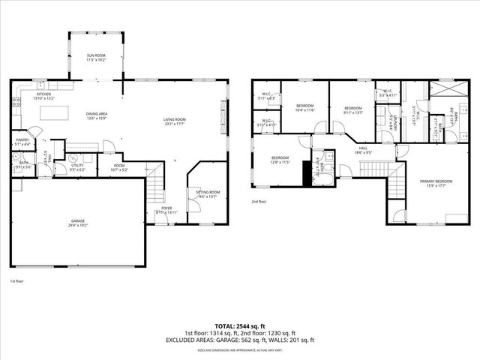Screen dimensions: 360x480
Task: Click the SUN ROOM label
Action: tap(96, 56)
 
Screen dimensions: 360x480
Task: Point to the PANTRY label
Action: tap(23, 139)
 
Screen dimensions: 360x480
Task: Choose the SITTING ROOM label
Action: tap(205, 193)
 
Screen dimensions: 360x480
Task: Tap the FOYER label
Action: tap(166, 208)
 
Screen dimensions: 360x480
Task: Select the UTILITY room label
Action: tap(77, 167)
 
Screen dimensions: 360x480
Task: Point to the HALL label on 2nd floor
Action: tap(363, 148)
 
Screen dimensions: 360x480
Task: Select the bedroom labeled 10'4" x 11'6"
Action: tap(304, 106)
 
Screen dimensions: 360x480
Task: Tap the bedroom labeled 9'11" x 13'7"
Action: tap(352, 109)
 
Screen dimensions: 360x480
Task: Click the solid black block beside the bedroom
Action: tap(305, 173)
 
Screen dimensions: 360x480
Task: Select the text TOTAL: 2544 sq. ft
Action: tap(240, 325)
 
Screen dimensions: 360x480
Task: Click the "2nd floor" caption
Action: tap(259, 202)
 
